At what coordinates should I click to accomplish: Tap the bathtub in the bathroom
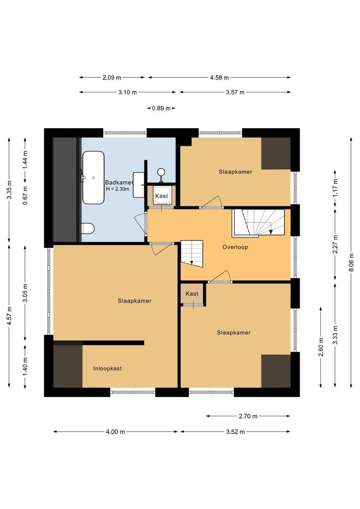click(93, 178)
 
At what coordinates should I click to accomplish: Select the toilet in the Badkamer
click(88, 229)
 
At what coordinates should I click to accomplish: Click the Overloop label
click(235, 247)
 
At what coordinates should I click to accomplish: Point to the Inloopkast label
click(107, 369)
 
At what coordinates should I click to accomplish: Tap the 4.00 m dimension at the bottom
click(115, 432)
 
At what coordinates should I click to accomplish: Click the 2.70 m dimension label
click(248, 416)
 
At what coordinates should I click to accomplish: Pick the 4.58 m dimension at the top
click(219, 78)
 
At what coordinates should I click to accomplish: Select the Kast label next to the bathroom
click(162, 196)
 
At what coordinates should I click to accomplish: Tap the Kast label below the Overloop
click(192, 294)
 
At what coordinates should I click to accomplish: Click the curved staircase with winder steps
click(258, 223)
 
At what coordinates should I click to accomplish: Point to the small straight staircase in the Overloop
click(192, 253)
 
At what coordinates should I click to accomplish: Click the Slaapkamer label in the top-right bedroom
click(235, 172)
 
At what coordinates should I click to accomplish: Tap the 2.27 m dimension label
click(335, 244)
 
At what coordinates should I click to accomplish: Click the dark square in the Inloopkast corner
click(68, 366)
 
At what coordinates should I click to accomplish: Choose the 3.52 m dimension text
click(235, 432)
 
